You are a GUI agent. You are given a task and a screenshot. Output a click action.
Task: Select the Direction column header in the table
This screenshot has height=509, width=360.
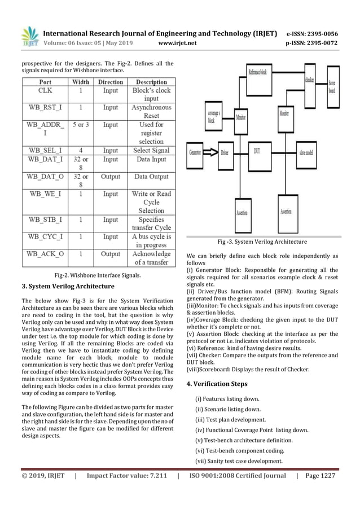(111, 82)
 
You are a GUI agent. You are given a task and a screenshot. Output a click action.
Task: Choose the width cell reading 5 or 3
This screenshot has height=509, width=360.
(80, 124)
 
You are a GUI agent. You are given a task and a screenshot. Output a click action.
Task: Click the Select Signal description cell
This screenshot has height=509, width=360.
(151, 150)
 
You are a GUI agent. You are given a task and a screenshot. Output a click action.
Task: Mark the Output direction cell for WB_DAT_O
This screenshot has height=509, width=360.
(111, 177)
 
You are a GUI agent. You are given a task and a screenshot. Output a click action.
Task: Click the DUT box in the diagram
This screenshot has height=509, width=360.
(257, 151)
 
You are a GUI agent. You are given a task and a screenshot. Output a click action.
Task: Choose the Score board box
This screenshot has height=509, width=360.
(333, 87)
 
